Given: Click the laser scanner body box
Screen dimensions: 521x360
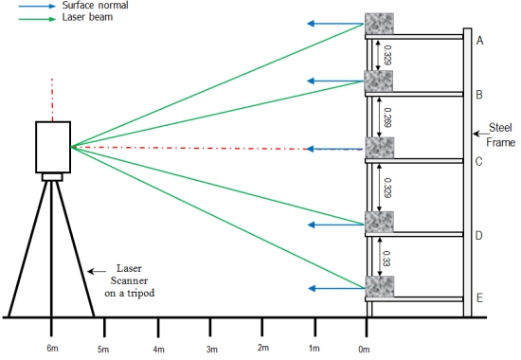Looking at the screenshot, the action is click(53, 147).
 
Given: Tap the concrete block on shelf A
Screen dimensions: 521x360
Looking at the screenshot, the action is click(379, 24).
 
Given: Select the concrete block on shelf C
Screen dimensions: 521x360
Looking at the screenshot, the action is click(380, 148).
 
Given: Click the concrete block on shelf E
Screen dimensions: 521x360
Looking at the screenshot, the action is click(380, 286).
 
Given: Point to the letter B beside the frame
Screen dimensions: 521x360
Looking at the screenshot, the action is click(479, 95).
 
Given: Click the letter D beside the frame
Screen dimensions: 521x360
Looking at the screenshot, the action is click(478, 236).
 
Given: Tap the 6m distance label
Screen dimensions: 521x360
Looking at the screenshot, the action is click(52, 349).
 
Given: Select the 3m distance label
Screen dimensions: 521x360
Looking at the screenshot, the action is click(211, 350).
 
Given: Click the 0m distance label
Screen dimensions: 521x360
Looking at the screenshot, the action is click(364, 350).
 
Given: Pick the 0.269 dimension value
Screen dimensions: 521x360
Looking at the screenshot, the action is click(387, 117).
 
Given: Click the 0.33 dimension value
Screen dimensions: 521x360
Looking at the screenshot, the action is click(386, 259).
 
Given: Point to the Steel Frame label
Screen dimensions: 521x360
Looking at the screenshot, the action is click(500, 135).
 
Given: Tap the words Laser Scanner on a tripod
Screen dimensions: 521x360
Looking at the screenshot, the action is click(129, 280).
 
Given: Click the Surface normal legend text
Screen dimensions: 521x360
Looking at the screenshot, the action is click(95, 5).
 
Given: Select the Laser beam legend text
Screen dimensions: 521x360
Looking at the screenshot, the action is click(87, 17).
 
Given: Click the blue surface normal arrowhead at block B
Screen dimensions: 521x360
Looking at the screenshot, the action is click(311, 81).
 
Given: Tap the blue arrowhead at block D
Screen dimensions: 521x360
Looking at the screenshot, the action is click(312, 225).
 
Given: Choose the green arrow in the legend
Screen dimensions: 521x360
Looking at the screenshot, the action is click(37, 19).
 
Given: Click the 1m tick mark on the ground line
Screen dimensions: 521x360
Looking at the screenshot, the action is click(315, 327).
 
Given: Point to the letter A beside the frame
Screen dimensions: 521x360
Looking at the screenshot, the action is click(479, 41).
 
